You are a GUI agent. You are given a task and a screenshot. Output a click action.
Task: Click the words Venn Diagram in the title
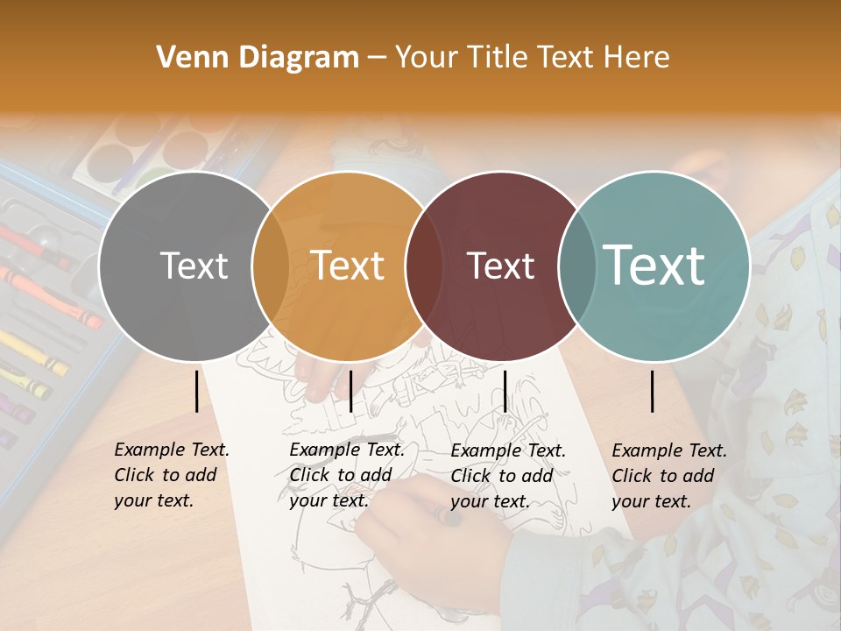(257, 58)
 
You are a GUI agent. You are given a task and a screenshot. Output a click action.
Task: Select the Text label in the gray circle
(194, 266)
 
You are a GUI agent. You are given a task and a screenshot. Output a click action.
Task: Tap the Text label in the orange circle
(348, 266)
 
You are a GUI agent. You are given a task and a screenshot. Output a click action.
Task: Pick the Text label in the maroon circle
(501, 266)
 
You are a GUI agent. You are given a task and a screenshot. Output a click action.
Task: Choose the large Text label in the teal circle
(654, 266)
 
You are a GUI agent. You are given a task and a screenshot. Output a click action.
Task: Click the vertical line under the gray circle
(196, 391)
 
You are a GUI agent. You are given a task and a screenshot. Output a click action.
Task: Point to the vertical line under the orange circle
(350, 391)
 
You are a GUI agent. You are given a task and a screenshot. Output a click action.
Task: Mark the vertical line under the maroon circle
(505, 391)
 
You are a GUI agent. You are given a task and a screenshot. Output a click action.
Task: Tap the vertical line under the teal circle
(653, 391)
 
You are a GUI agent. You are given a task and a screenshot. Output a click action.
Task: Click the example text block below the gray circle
(171, 475)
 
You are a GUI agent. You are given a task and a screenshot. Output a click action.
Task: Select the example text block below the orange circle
(346, 475)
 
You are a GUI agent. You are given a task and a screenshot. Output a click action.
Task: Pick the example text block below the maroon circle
(508, 475)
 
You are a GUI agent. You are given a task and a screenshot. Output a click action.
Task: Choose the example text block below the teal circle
(668, 475)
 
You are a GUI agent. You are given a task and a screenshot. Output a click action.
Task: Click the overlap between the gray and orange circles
(271, 266)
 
